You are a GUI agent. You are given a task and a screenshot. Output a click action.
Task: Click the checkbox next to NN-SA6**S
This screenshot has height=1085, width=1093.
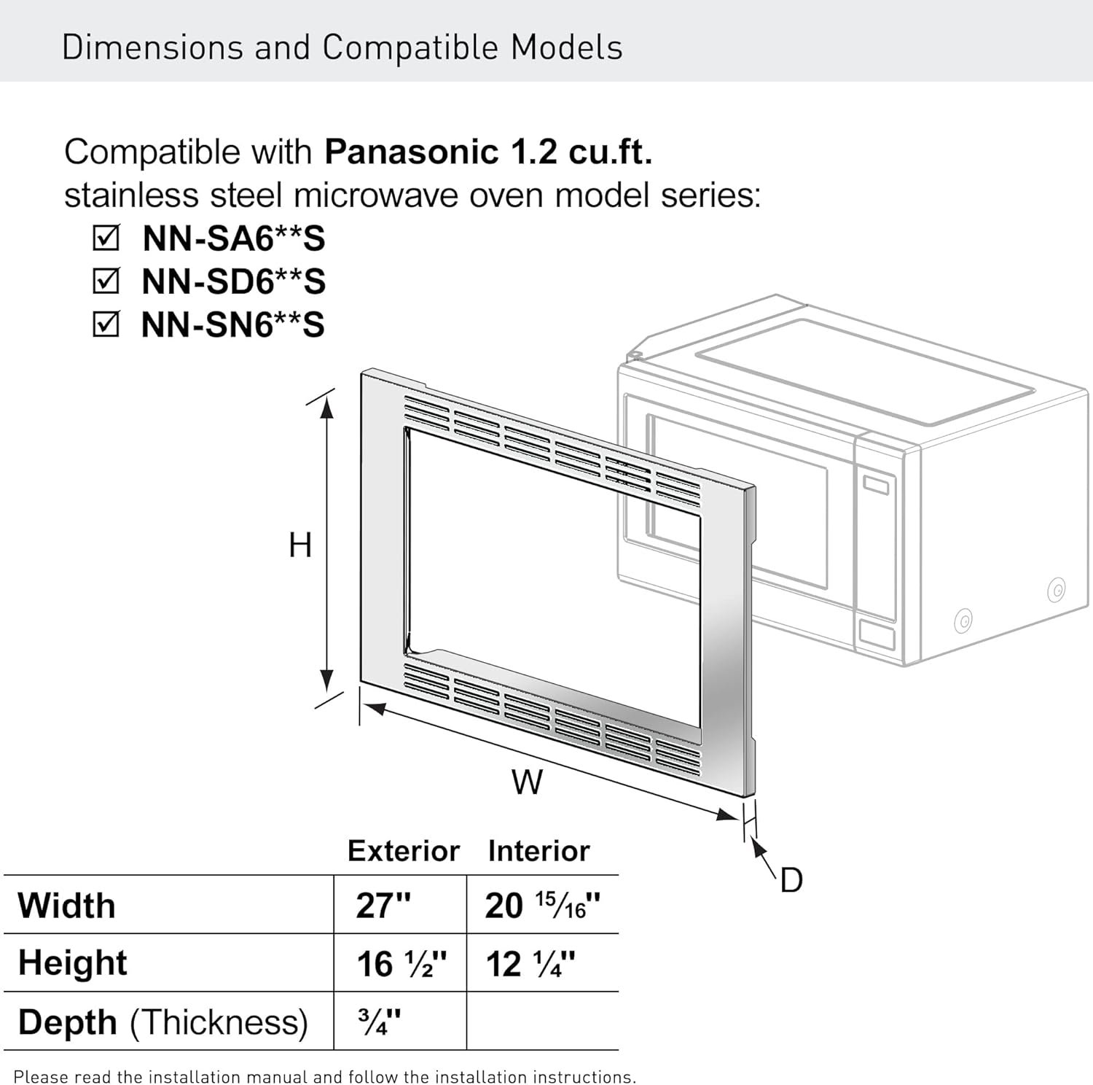click(106, 238)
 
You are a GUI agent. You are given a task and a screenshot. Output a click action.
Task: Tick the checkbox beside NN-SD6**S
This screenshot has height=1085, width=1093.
click(106, 281)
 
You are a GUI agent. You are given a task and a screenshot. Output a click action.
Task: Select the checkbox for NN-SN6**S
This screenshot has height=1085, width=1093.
click(106, 324)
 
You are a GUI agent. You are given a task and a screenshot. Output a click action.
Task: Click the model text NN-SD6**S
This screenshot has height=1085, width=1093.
click(233, 281)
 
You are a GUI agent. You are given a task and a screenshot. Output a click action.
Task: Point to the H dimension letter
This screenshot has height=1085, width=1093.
click(300, 545)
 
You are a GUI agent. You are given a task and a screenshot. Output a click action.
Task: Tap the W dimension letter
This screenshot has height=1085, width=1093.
click(527, 783)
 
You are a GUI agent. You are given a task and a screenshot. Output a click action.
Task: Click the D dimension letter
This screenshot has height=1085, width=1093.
click(791, 880)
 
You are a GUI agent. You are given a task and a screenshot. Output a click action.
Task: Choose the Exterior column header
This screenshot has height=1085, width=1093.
click(403, 851)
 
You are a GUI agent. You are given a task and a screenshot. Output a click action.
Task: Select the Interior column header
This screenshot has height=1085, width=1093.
click(538, 851)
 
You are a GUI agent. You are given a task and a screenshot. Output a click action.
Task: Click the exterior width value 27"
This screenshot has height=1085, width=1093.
click(383, 906)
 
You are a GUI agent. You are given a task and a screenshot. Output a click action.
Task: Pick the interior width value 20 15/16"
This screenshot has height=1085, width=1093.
click(542, 906)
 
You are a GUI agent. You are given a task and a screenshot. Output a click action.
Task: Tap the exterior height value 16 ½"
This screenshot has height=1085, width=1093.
click(401, 964)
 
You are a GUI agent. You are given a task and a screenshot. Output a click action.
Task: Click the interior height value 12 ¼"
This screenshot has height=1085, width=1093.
click(530, 964)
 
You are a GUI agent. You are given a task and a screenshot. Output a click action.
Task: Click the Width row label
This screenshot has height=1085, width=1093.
click(67, 906)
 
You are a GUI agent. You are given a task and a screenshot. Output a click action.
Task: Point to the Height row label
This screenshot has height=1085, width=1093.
click(73, 962)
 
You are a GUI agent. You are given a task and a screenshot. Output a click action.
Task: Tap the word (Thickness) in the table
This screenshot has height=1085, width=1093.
click(219, 1022)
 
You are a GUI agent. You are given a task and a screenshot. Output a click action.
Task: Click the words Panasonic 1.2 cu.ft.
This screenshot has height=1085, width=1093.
click(488, 152)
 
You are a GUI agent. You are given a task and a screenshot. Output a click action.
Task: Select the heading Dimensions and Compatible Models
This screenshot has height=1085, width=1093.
click(342, 47)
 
